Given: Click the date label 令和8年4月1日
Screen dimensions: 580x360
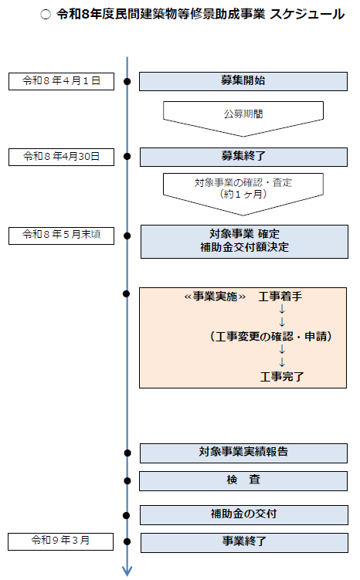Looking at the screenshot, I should coord(61,80).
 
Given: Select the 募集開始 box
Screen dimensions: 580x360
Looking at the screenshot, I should coord(243,80).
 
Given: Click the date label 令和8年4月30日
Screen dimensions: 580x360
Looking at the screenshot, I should coord(61,156).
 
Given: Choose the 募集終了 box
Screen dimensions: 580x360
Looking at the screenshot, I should coord(243,156).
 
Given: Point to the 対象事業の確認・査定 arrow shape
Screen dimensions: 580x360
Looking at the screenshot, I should coord(243,189).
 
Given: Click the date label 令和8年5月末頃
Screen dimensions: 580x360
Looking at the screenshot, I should coord(61,234).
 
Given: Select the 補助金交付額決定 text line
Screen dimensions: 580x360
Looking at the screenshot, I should coord(243,249).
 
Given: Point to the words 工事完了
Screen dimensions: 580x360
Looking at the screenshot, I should coord(282,377).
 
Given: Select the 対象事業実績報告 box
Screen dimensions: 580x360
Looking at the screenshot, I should coord(243,452).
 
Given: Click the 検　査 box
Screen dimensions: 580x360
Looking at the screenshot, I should coord(243,480).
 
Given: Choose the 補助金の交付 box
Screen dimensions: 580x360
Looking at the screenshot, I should coord(243,514).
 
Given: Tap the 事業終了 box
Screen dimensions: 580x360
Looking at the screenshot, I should coord(243,542).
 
